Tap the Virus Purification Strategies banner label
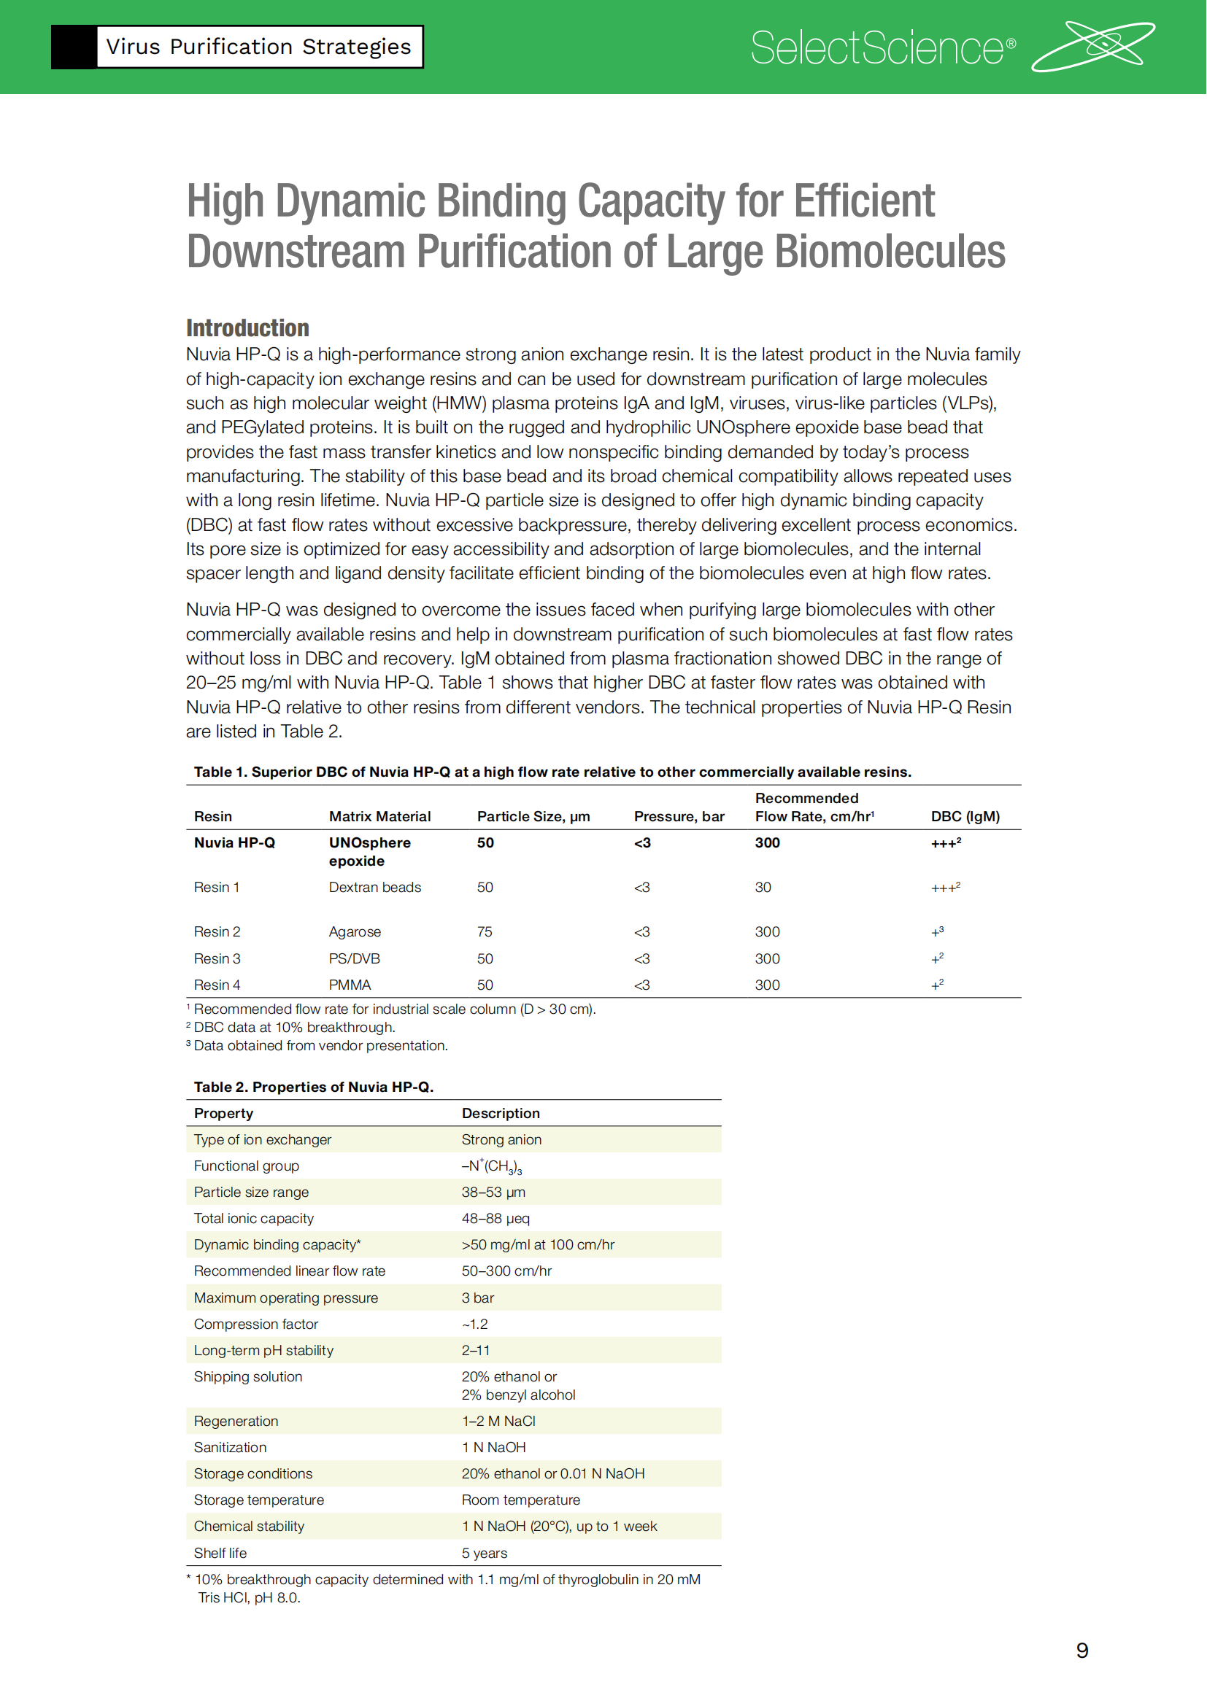(x=258, y=47)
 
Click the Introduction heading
(x=247, y=327)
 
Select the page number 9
(x=1081, y=1651)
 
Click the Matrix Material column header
(x=379, y=817)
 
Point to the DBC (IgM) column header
(x=965, y=817)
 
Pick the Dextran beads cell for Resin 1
(x=374, y=887)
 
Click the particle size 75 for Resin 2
(x=485, y=931)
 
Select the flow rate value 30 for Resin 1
(x=763, y=887)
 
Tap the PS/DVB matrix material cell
(x=354, y=958)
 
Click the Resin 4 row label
(x=217, y=985)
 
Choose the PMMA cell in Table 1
(x=350, y=985)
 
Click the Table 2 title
(x=313, y=1087)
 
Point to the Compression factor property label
(x=255, y=1324)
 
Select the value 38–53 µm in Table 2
(x=493, y=1192)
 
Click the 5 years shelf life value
(x=484, y=1553)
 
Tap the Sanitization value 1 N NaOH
(x=493, y=1447)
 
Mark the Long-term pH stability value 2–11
(x=475, y=1350)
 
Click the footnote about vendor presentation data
(x=320, y=1045)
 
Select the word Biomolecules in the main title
(x=890, y=251)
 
